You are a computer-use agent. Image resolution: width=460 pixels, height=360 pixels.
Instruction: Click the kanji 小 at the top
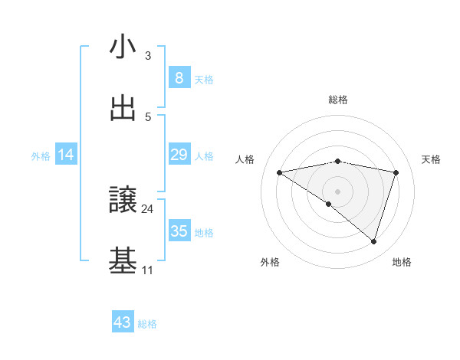(x=123, y=47)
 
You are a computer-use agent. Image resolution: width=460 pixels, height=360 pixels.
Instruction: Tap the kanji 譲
(x=123, y=201)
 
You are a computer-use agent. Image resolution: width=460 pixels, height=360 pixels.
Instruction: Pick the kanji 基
(x=123, y=260)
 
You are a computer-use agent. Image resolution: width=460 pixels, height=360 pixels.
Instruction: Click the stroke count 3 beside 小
(x=148, y=56)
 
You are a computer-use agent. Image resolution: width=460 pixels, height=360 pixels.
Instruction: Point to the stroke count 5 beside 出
(x=148, y=116)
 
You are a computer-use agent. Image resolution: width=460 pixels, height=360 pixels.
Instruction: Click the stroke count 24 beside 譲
(x=148, y=208)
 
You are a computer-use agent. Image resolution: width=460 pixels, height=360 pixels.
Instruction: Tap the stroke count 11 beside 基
(x=148, y=270)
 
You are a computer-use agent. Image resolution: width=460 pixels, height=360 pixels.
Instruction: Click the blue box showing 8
(x=179, y=77)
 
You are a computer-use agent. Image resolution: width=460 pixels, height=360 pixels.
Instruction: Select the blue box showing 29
(x=179, y=155)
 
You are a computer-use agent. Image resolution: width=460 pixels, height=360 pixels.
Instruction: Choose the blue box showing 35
(x=179, y=231)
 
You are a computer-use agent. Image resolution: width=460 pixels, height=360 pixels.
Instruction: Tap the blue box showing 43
(x=123, y=322)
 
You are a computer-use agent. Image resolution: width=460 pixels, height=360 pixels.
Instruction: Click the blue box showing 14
(x=66, y=155)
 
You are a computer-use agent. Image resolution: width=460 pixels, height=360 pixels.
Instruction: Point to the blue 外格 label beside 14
(x=41, y=155)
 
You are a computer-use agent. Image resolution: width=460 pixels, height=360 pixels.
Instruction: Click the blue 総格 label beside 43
(x=147, y=324)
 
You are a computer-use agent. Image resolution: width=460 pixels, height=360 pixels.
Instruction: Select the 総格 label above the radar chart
(x=338, y=100)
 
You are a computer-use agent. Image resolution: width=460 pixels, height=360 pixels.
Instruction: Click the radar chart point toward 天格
(x=396, y=172)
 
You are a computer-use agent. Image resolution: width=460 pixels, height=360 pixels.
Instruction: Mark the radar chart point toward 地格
(x=374, y=241)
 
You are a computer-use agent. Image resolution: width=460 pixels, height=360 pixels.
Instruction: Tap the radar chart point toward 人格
(x=279, y=172)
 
